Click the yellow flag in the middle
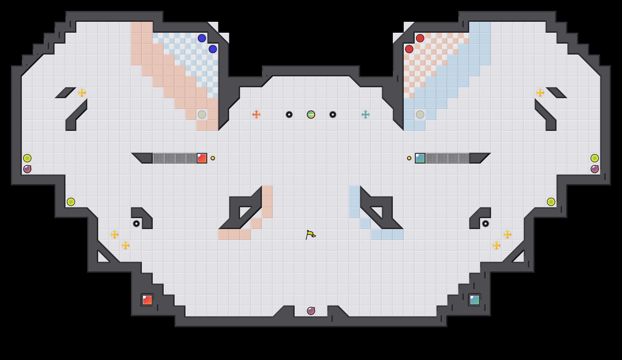(x=310, y=235)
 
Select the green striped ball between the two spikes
(x=311, y=115)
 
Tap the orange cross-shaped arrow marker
(x=256, y=115)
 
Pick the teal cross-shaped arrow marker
(x=366, y=115)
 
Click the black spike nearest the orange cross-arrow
(x=289, y=115)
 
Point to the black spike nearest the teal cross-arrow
(x=333, y=115)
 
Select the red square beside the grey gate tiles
(x=202, y=158)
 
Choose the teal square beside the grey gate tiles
(x=420, y=158)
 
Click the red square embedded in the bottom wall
(x=147, y=300)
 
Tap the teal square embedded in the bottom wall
(x=475, y=300)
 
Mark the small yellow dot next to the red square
(x=213, y=158)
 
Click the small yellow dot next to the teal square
(x=409, y=158)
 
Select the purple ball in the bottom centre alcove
(x=311, y=311)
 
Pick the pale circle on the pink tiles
(x=202, y=115)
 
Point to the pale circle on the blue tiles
(x=420, y=115)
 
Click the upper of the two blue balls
(x=202, y=38)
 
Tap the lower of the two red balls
(x=409, y=49)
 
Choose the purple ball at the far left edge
(x=27, y=169)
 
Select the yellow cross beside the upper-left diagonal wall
(x=82, y=93)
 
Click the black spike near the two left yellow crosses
(x=136, y=224)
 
